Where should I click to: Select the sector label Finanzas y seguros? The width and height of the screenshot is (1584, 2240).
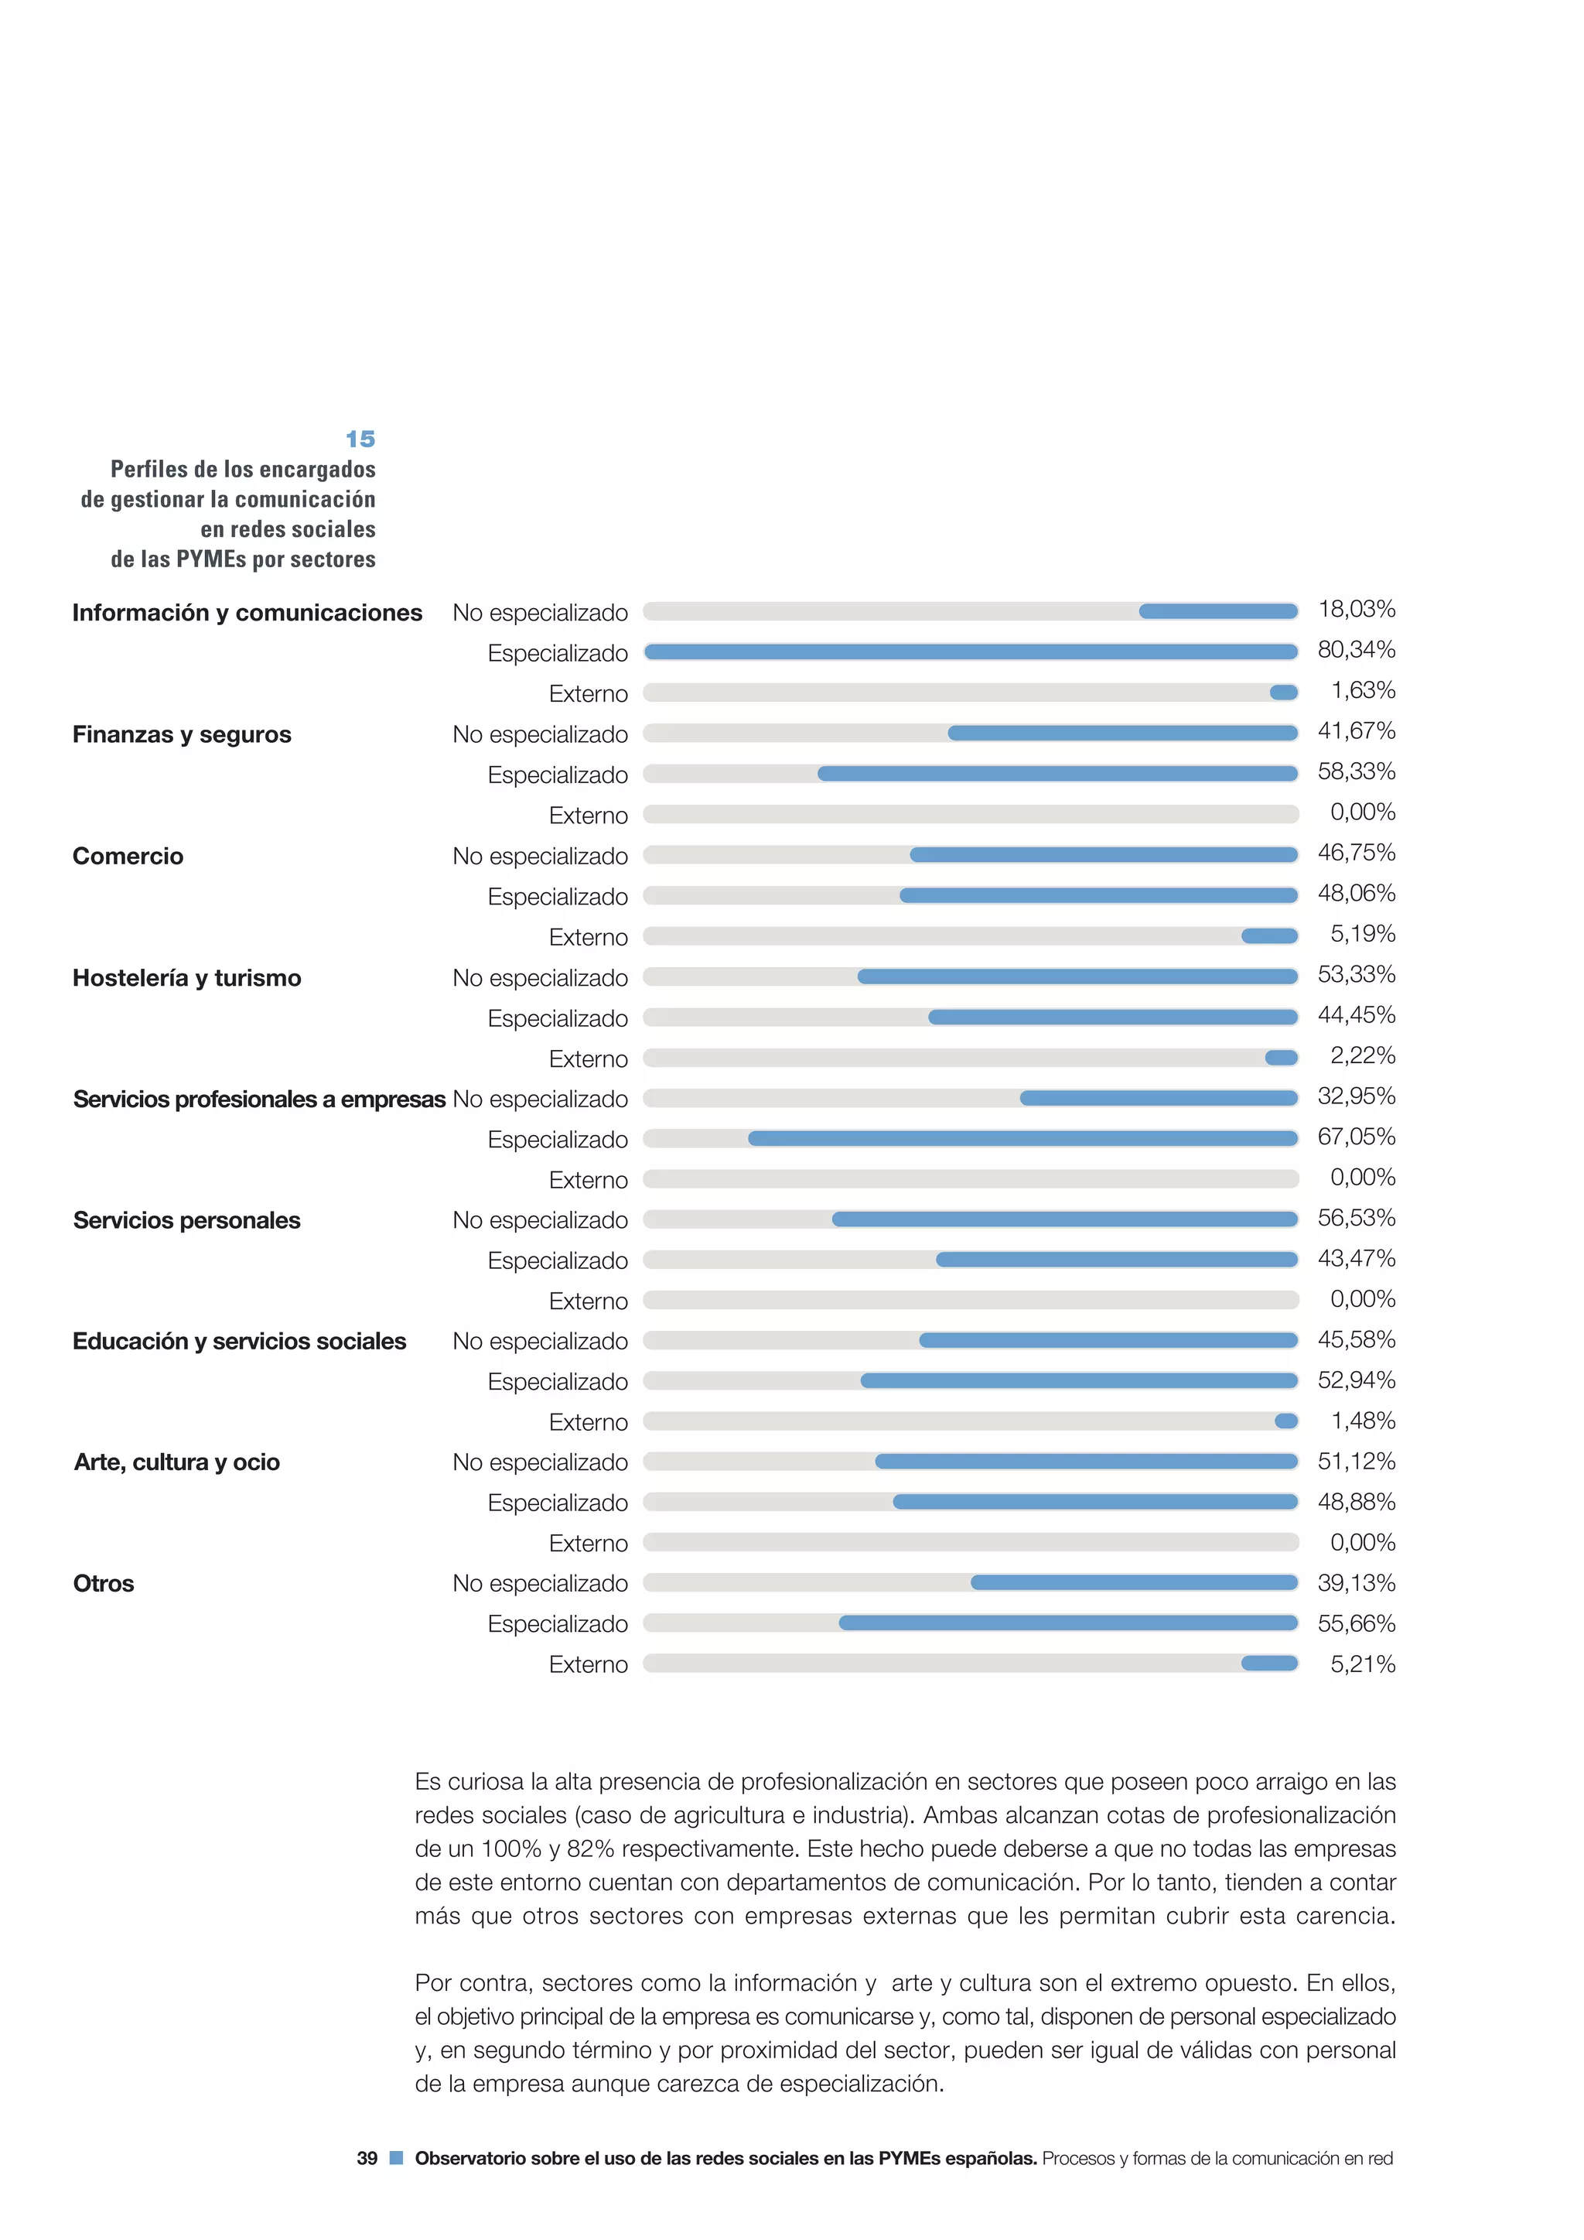(182, 734)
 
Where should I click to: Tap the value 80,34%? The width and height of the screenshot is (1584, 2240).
(1356, 650)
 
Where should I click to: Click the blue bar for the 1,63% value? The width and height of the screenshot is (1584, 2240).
(1284, 693)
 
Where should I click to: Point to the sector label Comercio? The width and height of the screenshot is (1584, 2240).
(128, 857)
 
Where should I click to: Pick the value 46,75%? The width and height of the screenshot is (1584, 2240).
(1356, 853)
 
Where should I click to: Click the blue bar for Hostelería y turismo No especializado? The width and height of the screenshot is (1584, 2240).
(1077, 976)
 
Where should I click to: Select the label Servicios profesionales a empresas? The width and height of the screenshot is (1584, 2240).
(259, 1099)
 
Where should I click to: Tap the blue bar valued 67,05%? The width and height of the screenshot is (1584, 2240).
(1022, 1138)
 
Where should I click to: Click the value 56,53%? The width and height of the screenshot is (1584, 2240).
(1356, 1218)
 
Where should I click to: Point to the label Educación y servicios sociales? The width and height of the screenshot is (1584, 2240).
(239, 1342)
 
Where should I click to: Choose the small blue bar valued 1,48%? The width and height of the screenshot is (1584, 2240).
(1285, 1421)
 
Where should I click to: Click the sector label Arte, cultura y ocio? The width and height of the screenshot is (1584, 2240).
(176, 1462)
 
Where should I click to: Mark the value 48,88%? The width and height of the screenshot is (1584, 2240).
(1356, 1502)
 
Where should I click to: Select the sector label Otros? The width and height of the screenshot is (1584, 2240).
(104, 1583)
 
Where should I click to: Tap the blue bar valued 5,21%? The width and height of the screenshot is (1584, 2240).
(1269, 1664)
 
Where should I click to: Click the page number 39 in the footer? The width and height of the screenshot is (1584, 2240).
(367, 2158)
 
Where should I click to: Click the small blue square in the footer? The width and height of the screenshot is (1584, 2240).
(396, 2157)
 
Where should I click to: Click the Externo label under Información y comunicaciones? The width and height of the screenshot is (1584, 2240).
(588, 693)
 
